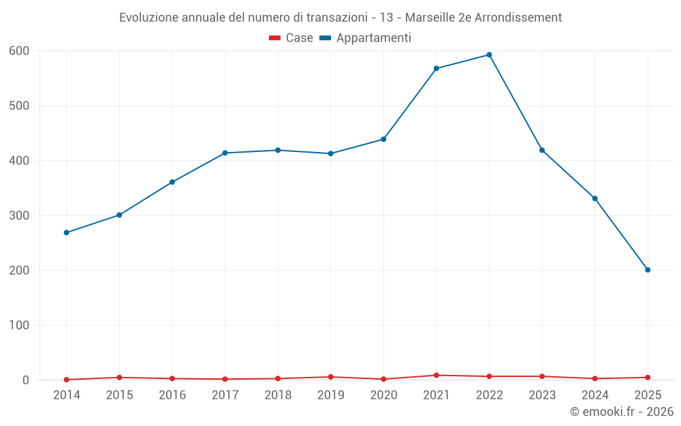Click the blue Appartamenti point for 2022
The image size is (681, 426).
pos(489,55)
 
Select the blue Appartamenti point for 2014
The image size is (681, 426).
pos(66,232)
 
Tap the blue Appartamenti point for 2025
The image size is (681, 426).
pos(648,270)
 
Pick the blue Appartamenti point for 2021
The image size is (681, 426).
pos(436,68)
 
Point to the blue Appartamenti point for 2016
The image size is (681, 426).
pos(172,182)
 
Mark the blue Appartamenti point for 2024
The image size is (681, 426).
pos(595,198)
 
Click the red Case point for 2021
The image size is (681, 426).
pos(436,376)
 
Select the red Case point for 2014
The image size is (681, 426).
pos(66,380)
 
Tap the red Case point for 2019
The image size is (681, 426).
pos(330,377)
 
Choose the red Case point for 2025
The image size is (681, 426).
pos(648,378)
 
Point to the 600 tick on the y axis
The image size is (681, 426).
pos(19,51)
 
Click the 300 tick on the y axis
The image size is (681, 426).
pos(19,215)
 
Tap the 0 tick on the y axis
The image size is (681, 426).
pos(26,380)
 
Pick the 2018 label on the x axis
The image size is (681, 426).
pos(278,395)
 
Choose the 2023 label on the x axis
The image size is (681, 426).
pos(542,395)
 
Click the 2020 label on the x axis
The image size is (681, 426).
pos(383,395)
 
